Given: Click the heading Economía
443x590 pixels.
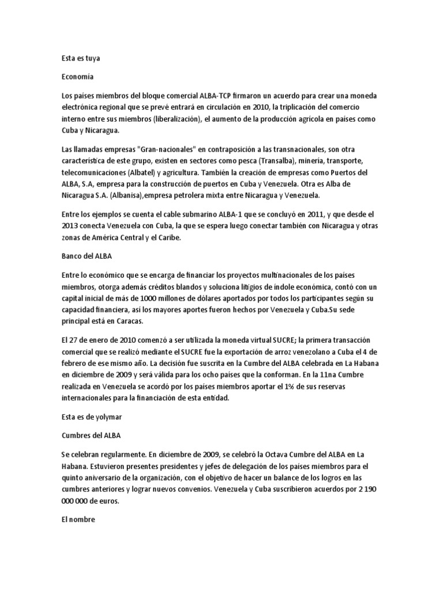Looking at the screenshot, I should [77, 76].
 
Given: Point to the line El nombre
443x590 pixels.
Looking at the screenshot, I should [78, 520].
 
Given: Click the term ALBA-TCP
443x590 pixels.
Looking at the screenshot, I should [217, 94].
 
